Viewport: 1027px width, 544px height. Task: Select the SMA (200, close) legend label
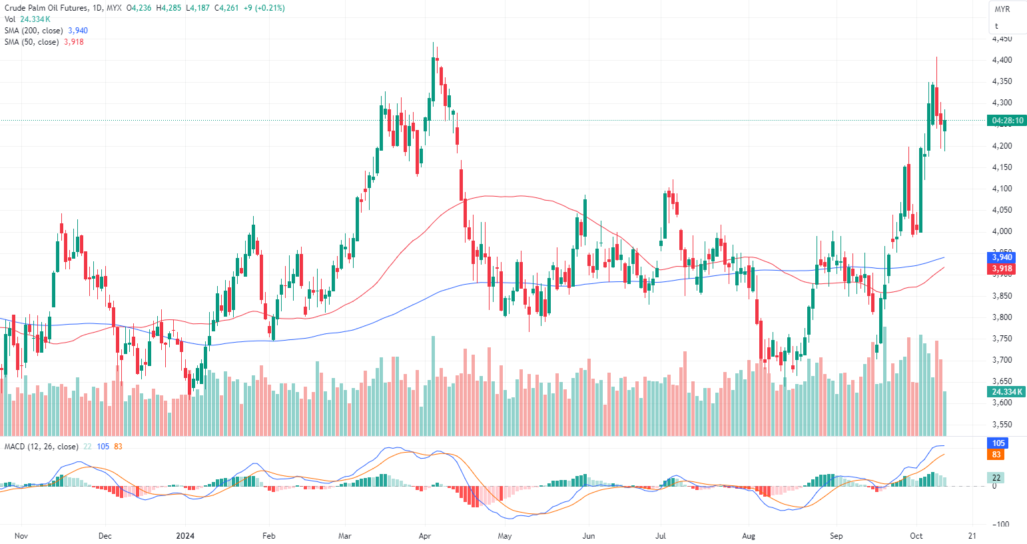(x=33, y=31)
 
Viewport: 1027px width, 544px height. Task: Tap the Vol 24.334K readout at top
(x=28, y=19)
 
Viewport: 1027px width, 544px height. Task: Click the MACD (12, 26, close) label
(x=41, y=447)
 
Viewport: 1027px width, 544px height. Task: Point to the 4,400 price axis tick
(x=1002, y=60)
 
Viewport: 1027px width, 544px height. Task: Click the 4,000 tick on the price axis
(x=1002, y=231)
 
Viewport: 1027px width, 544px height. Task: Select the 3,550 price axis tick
(x=1002, y=424)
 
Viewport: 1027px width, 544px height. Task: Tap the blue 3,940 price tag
(x=1002, y=257)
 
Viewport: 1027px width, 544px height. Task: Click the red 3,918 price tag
(x=1002, y=269)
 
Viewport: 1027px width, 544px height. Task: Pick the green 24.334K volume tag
(x=1007, y=392)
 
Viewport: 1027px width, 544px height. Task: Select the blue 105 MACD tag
(x=998, y=443)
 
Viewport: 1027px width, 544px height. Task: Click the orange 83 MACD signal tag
(x=996, y=455)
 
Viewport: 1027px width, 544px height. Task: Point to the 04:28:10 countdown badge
(x=1007, y=121)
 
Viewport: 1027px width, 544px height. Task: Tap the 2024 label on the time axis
(x=185, y=535)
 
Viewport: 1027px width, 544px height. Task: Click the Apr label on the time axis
(x=425, y=535)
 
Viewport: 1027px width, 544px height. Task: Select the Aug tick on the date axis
(x=749, y=535)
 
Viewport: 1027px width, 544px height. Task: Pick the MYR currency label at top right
(x=1002, y=9)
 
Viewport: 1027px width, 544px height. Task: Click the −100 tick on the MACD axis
(x=1000, y=524)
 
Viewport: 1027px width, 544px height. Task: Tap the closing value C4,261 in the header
(x=226, y=8)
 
